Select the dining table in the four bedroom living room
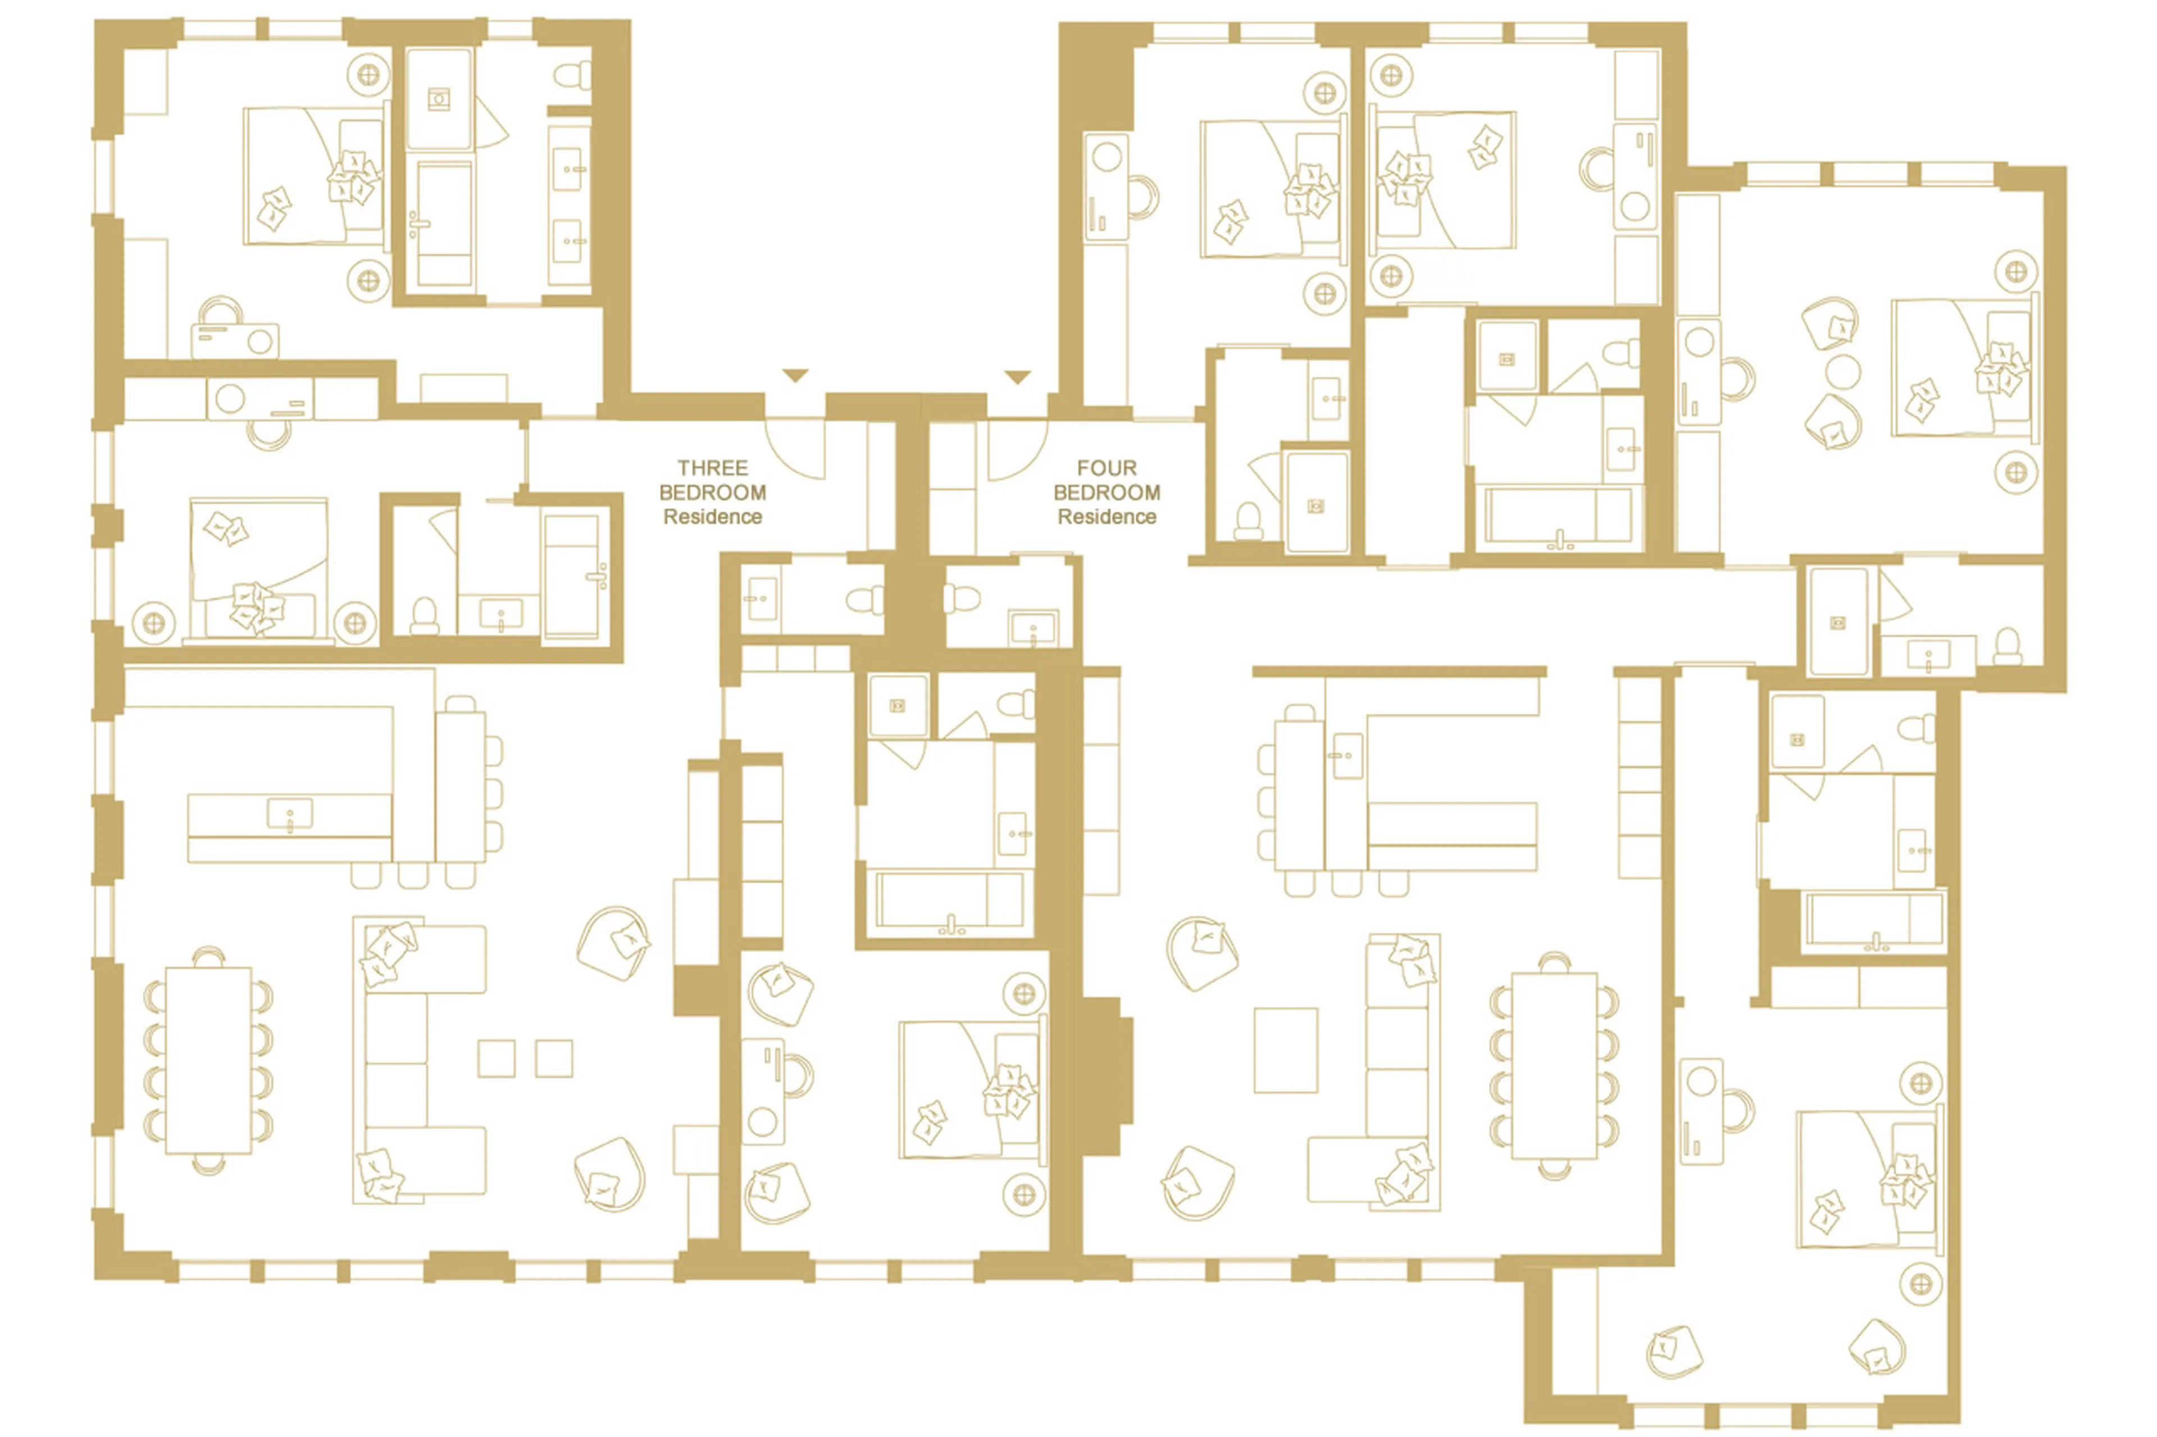tap(1554, 1066)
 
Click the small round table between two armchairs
tap(1842, 372)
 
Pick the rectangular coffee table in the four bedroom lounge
tap(1285, 1050)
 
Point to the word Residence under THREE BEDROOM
tap(712, 517)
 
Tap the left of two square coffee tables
tap(496, 1059)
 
